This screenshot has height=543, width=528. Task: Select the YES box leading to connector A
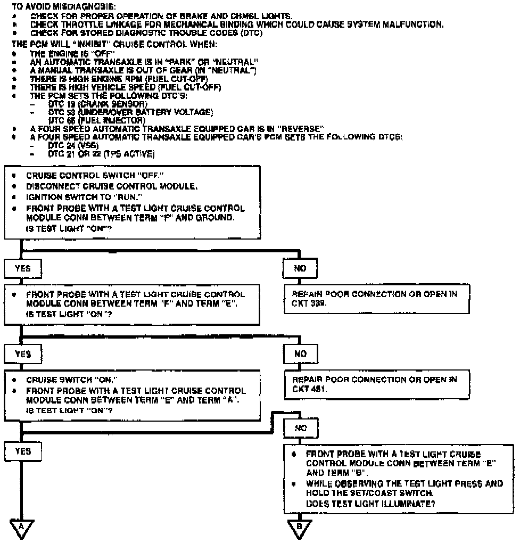(23, 451)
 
